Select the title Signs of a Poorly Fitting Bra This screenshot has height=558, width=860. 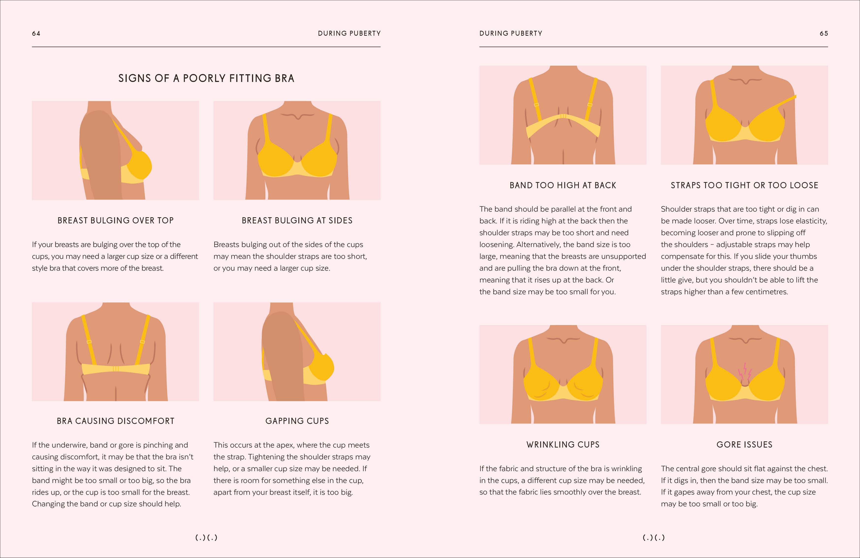206,78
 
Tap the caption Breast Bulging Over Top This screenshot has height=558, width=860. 116,220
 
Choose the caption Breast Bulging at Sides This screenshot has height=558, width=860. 297,220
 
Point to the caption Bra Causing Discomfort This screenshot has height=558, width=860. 116,421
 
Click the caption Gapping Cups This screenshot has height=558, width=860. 297,421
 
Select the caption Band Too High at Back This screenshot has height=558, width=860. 563,186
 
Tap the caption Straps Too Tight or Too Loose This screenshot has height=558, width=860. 744,186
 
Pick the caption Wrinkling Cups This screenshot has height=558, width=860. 563,445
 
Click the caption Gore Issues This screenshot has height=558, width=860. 744,445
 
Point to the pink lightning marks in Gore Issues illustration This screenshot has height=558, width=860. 745,372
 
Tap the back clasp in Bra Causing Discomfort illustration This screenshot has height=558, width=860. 116,369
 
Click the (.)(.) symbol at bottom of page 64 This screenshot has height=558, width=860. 206,538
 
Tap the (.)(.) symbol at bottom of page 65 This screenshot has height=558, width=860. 654,538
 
